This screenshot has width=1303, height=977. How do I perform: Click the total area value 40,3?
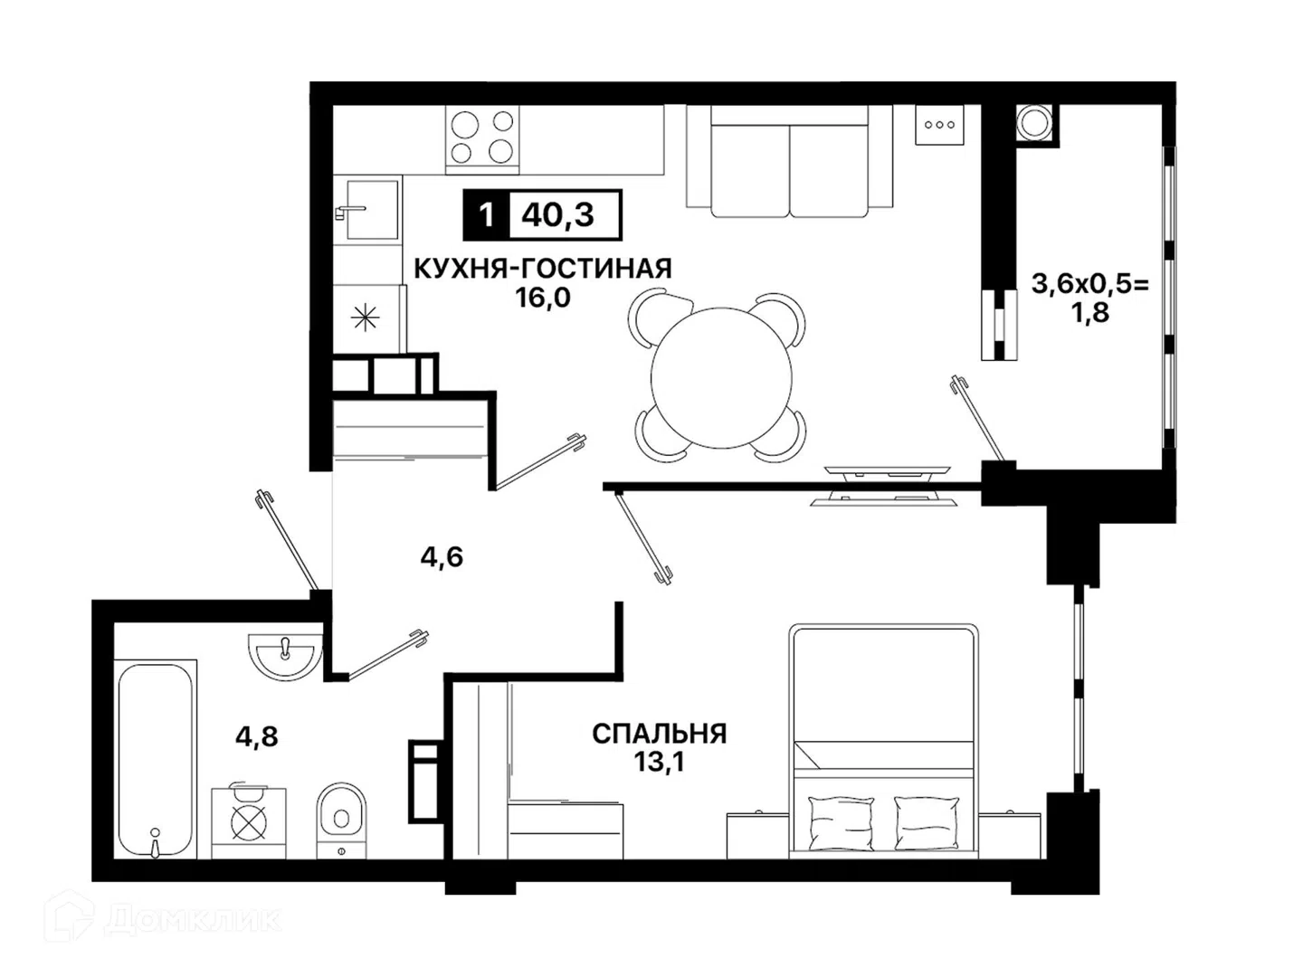click(x=557, y=214)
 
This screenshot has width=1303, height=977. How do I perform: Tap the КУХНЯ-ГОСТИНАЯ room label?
click(x=543, y=269)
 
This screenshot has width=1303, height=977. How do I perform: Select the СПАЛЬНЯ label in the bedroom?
click(x=659, y=734)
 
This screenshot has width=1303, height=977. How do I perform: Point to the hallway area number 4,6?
click(x=442, y=557)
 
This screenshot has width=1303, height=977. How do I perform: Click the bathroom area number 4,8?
click(x=256, y=737)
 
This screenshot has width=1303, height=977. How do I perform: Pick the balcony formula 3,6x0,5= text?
click(x=1090, y=285)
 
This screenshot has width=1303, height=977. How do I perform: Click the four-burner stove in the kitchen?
click(x=482, y=139)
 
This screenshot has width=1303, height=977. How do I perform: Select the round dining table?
click(x=721, y=378)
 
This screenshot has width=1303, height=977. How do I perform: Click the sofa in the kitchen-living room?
click(x=790, y=161)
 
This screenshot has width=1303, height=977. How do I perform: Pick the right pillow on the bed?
click(x=926, y=823)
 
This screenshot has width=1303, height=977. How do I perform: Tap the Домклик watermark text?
click(x=193, y=919)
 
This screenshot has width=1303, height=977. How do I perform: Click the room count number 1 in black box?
click(x=486, y=214)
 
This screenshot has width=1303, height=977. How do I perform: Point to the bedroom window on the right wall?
click(x=1078, y=688)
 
